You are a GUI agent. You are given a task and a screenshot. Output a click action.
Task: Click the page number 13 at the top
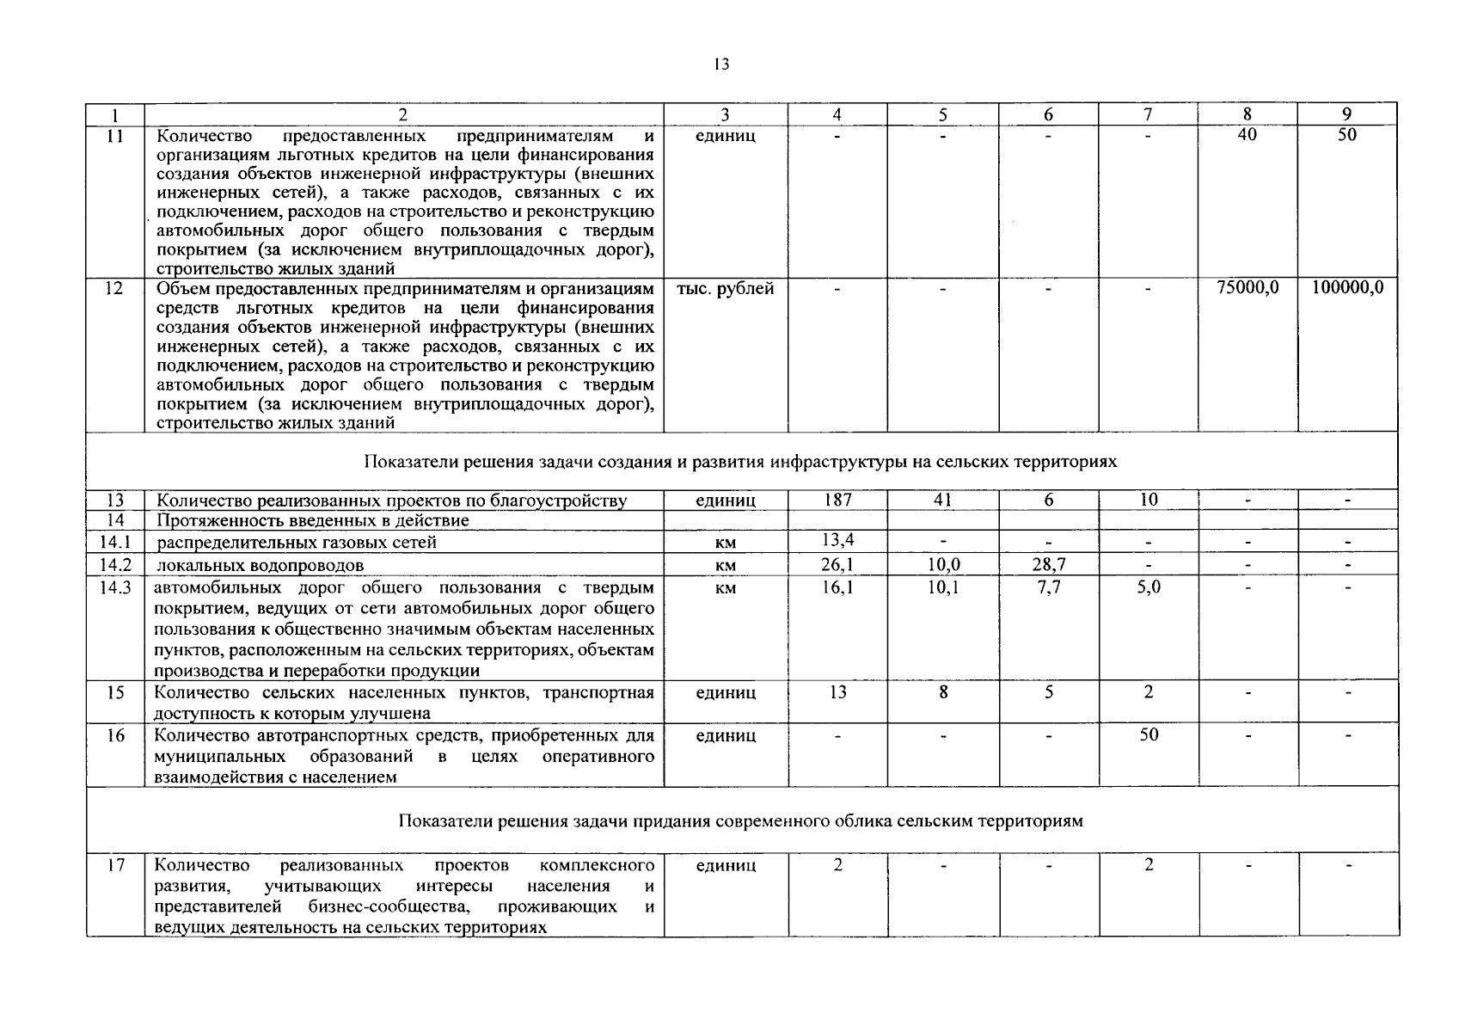point(721,64)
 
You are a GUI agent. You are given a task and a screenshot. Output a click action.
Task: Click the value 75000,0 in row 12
point(1248,288)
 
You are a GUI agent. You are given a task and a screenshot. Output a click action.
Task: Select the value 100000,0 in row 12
point(1347,288)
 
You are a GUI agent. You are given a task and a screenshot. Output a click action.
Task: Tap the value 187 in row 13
point(837,500)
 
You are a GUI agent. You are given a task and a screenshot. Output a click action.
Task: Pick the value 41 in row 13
point(942,500)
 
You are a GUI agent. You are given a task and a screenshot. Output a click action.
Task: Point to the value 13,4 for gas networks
point(837,540)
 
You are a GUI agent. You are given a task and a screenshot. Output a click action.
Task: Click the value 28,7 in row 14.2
point(1048,564)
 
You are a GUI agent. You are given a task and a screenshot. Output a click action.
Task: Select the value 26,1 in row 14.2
point(837,564)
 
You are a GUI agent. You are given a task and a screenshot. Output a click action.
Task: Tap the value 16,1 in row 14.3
point(837,587)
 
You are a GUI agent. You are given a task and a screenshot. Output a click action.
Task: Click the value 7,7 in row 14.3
point(1048,587)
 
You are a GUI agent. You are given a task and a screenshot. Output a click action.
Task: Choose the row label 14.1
point(115,542)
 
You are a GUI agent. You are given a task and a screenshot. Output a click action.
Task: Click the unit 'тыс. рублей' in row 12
point(726,289)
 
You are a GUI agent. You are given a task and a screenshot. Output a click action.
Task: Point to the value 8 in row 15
point(943,692)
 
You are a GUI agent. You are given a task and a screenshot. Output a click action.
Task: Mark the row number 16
point(115,735)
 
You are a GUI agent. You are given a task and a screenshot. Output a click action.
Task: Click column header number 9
point(1347,114)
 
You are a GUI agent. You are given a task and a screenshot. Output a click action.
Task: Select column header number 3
point(725,114)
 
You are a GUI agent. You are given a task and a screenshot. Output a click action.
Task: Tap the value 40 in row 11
point(1248,135)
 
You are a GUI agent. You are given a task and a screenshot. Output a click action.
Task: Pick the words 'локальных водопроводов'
point(261,565)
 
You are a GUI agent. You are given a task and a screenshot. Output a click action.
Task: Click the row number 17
point(115,865)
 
